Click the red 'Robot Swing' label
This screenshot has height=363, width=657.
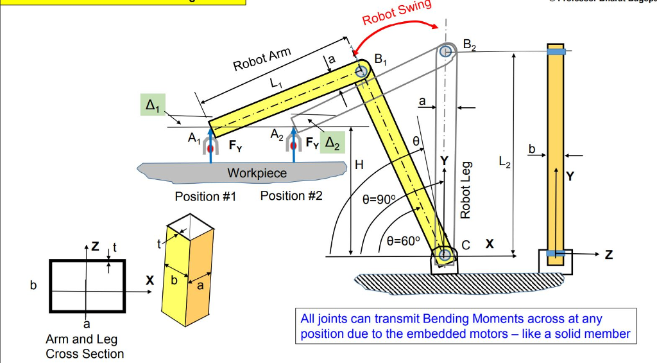coord(396,12)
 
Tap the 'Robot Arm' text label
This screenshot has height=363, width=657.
coord(262,60)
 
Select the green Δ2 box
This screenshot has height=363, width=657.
coord(334,142)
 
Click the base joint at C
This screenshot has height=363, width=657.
coord(445,255)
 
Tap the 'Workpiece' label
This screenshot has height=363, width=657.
coord(257,173)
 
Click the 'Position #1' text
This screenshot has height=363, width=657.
coord(205,197)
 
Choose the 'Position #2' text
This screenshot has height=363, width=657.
coord(291,196)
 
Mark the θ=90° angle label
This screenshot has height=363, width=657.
coord(380,199)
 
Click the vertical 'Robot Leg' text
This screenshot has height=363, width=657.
coord(466,190)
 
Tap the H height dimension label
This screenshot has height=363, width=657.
coord(359,165)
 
